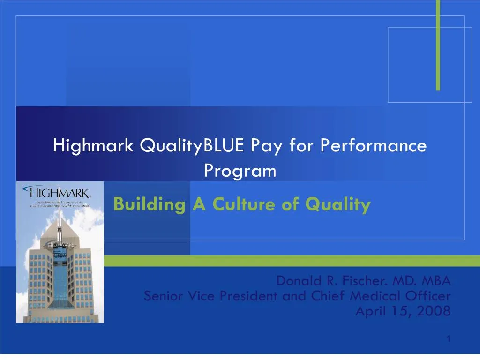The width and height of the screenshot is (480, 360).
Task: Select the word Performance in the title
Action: pos(374,146)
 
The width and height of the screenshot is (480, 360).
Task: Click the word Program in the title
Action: pos(240,171)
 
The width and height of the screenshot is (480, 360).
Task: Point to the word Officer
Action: pos(429,296)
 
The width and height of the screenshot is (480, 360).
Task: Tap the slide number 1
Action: pos(448,339)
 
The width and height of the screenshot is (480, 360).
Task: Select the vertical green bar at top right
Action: pos(438,45)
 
